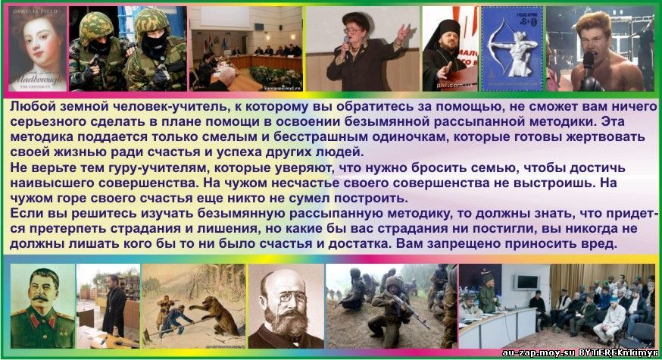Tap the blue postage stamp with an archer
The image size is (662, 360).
click(512, 49)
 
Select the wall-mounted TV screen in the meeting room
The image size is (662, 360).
click(527, 282)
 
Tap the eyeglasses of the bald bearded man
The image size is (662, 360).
click(287, 296)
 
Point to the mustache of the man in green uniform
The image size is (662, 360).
click(41, 298)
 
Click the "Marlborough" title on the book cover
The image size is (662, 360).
click(38, 79)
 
